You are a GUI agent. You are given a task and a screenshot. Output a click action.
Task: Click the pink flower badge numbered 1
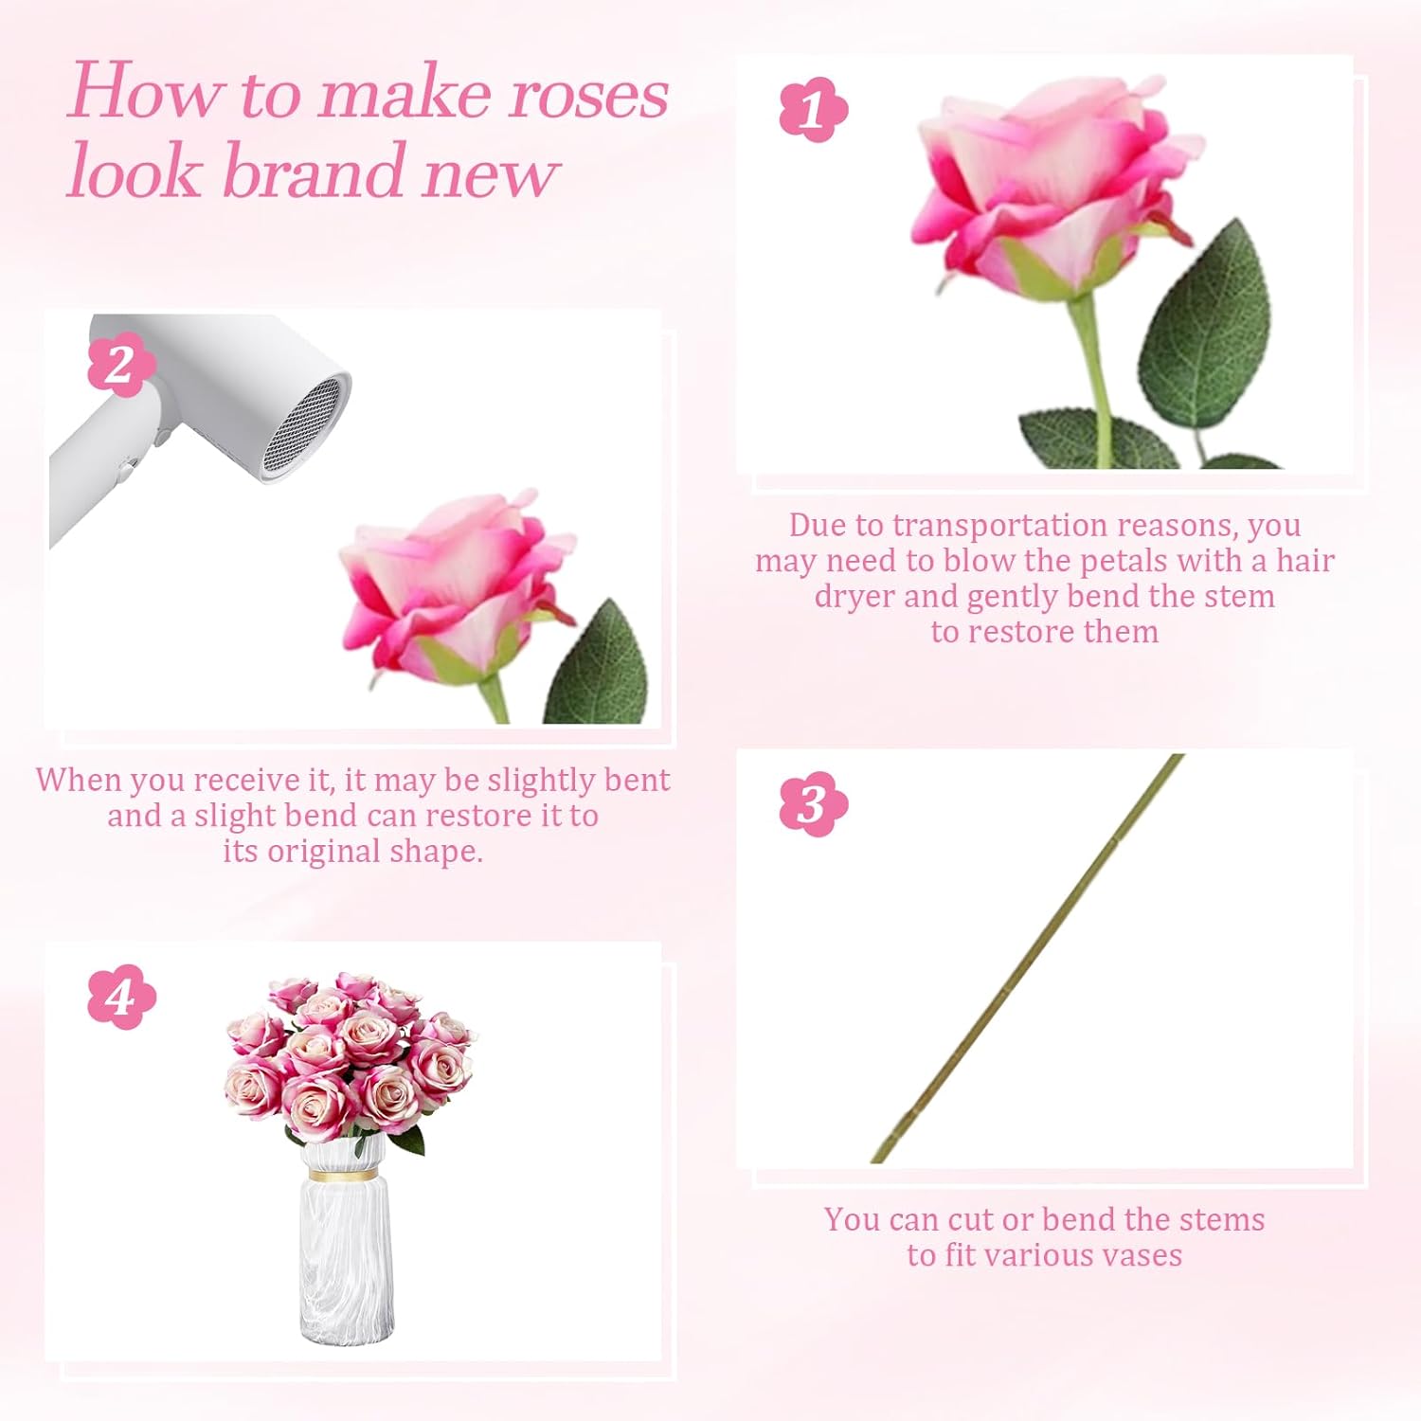(813, 110)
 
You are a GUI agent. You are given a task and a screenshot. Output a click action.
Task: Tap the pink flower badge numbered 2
(120, 366)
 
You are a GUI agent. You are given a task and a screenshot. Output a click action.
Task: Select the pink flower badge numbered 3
(813, 804)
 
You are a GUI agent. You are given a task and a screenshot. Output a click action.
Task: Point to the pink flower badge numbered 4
(120, 997)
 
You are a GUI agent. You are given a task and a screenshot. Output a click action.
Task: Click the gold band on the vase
(341, 1175)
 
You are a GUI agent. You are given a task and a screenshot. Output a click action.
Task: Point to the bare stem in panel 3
(1028, 959)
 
